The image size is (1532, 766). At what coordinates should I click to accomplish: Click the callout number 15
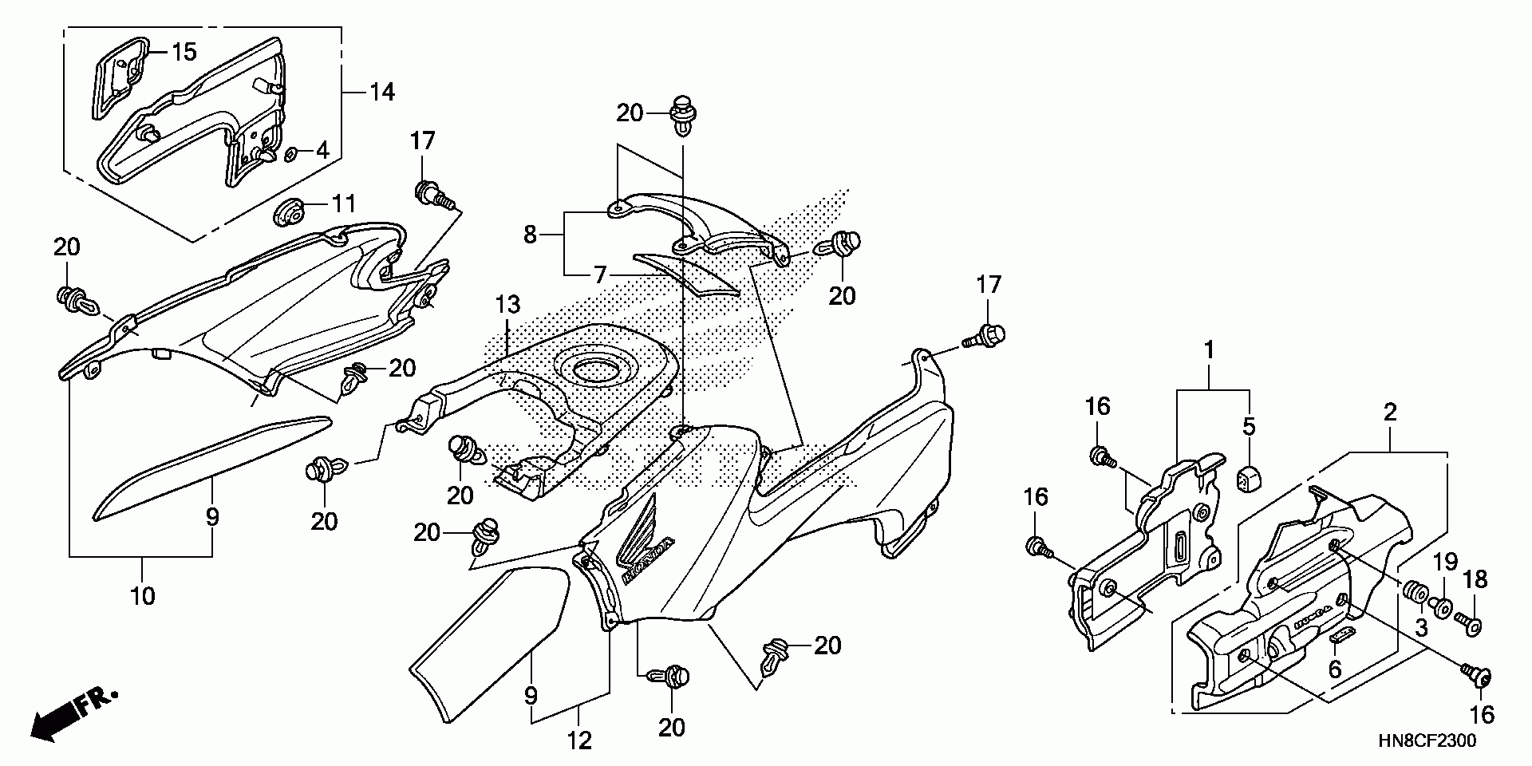[x=184, y=53]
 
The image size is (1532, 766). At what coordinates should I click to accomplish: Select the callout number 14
[x=382, y=93]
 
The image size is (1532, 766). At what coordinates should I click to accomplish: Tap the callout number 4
[x=322, y=149]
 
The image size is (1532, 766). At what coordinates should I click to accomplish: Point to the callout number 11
[x=343, y=204]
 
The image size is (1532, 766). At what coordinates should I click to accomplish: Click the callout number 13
[x=507, y=305]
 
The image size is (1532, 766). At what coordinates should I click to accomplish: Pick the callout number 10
[x=143, y=595]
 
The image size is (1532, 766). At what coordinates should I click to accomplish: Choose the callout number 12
[x=580, y=741]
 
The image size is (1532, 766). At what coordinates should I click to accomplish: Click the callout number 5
[x=1249, y=427]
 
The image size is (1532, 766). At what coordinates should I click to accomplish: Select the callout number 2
[x=1390, y=413]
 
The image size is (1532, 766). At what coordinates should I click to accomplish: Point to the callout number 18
[x=1476, y=579]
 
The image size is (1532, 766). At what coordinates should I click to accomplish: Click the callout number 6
[x=1335, y=669]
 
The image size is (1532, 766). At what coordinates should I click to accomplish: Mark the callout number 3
[x=1420, y=628]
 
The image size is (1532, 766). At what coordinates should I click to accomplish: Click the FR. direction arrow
[x=73, y=713]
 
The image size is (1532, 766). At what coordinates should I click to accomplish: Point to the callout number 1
[x=1210, y=349]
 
